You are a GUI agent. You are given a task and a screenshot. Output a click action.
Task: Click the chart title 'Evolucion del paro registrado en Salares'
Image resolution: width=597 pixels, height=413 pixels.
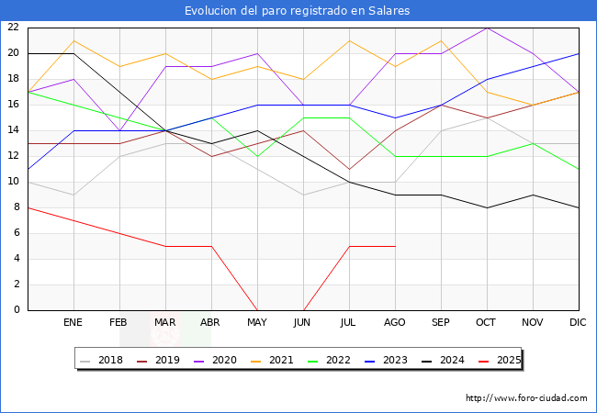tap(298, 11)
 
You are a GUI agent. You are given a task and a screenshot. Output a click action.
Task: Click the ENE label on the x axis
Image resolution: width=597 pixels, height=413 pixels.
tap(73, 323)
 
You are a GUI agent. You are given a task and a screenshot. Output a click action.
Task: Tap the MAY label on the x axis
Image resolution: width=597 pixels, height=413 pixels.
tap(257, 323)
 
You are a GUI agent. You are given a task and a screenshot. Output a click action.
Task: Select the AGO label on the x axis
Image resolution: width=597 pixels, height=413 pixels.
tap(395, 323)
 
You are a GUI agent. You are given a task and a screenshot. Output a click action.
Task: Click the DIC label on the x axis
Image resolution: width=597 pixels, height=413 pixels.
tap(579, 323)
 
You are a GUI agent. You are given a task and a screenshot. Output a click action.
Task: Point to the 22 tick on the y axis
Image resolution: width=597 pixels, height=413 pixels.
tap(14, 28)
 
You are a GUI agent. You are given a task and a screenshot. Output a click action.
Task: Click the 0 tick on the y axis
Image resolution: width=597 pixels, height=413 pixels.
tap(17, 310)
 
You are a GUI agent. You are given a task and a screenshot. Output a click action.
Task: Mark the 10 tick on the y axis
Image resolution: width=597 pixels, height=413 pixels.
tap(14, 182)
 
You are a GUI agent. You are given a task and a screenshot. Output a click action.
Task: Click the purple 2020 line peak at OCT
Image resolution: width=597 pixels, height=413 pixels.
tap(487, 28)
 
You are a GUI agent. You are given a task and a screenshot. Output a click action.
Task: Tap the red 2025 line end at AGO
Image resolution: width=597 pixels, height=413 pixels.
tap(395, 246)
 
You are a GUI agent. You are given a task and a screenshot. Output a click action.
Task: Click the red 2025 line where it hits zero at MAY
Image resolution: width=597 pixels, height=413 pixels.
tap(257, 309)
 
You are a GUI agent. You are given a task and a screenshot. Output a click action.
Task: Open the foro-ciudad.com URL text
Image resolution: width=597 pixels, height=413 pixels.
tap(526, 398)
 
